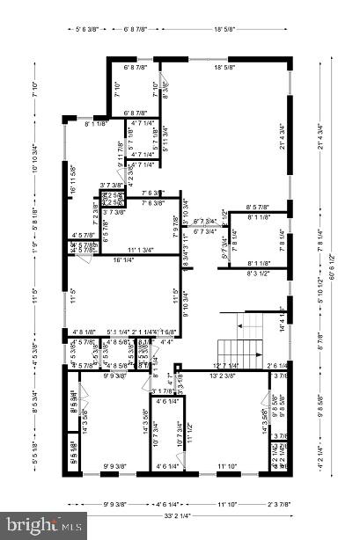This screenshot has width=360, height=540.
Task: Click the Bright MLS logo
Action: (43, 525)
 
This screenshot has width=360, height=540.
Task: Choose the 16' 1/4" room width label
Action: (123, 259)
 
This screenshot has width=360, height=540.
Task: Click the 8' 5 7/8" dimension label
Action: (263, 207)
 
